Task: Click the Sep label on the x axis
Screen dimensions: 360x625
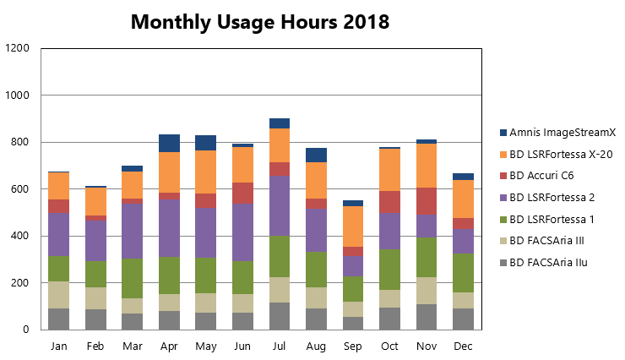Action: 353,346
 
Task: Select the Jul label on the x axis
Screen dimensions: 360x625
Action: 280,346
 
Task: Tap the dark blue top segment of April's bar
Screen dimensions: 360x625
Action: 169,143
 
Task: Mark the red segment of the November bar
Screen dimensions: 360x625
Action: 427,200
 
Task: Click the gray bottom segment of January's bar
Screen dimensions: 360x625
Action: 59,319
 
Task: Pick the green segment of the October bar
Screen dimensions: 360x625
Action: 389,270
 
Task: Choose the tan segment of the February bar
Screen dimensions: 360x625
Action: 95,298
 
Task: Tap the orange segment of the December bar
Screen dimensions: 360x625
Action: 463,199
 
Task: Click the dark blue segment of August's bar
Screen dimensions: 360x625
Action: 316,155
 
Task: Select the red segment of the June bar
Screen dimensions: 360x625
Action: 243,193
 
